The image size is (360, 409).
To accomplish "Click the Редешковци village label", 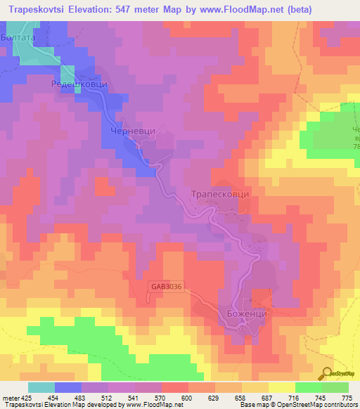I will tap(79, 84).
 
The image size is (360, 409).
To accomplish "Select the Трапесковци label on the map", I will tap(220, 194).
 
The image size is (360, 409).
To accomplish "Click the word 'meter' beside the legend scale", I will tap(12, 397).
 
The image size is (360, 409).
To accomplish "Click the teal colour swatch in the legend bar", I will tap(41, 387).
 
